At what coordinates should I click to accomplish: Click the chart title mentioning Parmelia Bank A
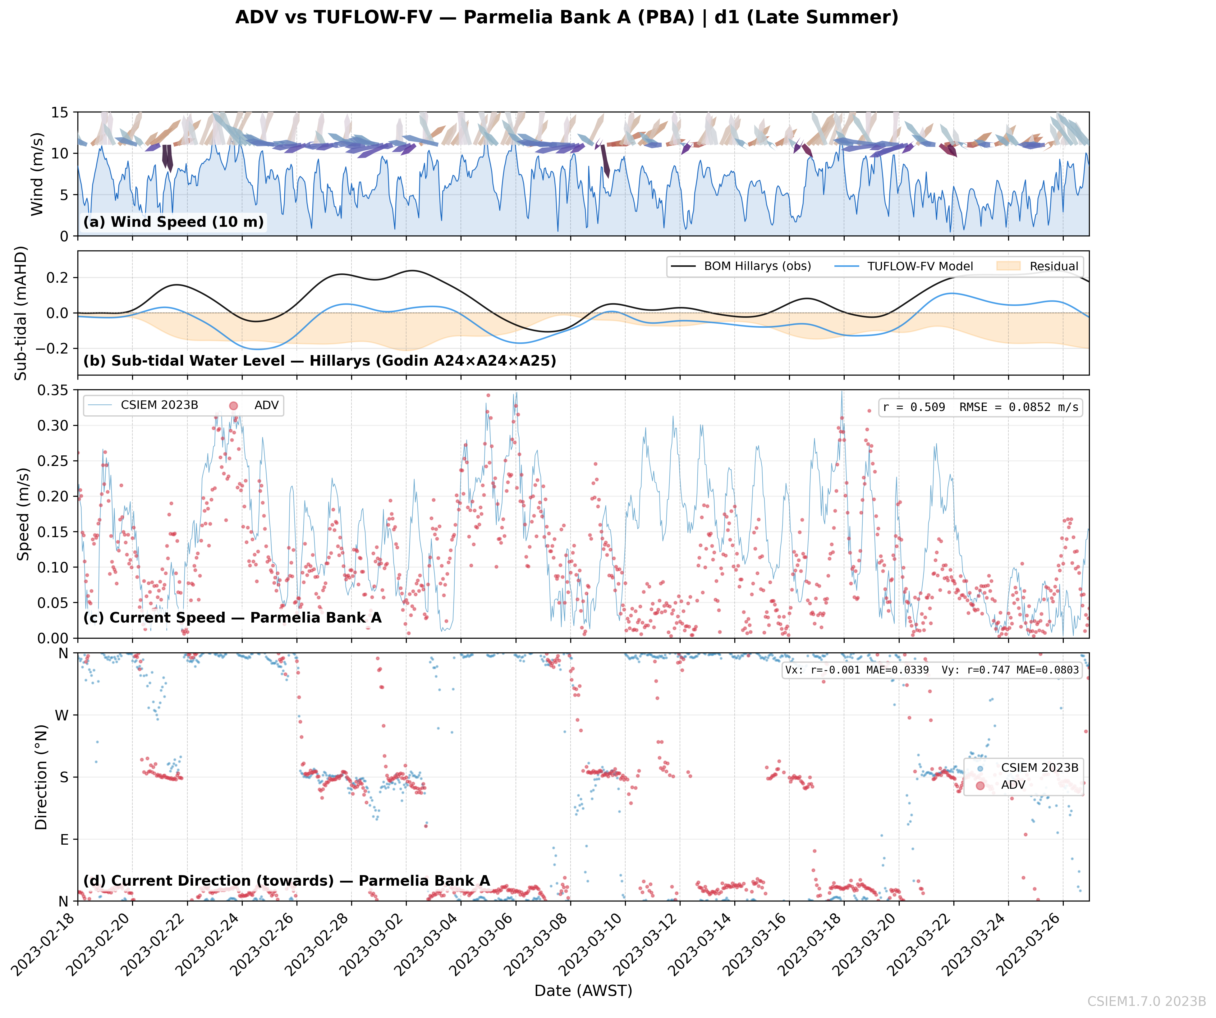567,17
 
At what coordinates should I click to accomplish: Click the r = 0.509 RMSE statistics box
980,408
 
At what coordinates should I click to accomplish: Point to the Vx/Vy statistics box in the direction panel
932,670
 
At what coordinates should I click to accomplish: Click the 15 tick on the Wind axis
60,112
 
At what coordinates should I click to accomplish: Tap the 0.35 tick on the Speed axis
53,390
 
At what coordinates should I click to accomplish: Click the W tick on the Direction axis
62,715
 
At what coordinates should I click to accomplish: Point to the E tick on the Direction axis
64,839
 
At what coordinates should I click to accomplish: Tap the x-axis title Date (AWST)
583,991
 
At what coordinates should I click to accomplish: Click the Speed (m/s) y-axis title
23,514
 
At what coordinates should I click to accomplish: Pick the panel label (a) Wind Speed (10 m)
174,222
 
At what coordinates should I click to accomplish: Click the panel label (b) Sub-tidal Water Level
320,361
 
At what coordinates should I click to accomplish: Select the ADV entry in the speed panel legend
255,405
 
